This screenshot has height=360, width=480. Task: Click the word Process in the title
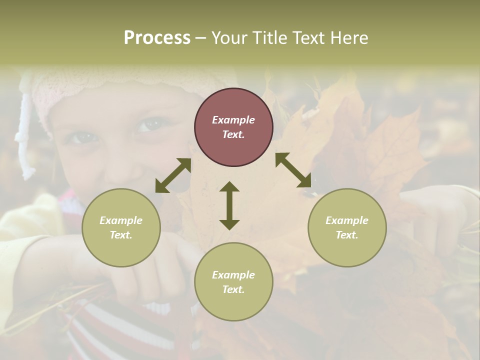coord(157,38)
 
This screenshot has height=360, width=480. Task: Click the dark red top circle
coord(233,127)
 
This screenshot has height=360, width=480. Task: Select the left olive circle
coord(121,227)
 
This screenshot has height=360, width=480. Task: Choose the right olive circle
coord(347,227)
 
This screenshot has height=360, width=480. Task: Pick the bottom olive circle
coord(233,282)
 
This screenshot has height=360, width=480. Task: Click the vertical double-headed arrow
coord(229,205)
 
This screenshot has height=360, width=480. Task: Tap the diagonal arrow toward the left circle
coord(173,175)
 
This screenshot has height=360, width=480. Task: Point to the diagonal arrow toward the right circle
coord(293,170)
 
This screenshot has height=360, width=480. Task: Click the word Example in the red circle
coord(233,120)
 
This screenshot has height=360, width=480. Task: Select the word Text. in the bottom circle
coord(233,289)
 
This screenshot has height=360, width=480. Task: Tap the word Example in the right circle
coord(347,220)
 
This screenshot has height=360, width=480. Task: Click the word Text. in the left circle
coord(121,235)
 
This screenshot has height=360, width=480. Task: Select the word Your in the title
coord(229,38)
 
